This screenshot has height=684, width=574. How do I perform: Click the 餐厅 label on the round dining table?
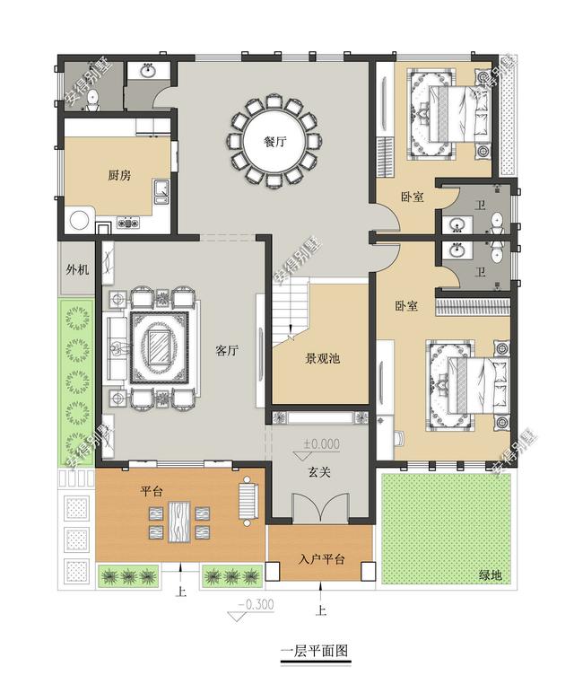pos(275,141)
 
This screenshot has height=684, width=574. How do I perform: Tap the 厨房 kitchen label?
pos(119,175)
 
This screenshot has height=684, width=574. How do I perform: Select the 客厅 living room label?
pos(227,350)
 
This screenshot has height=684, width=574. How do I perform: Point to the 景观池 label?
pos(323,358)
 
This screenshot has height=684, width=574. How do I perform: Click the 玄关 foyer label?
pos(319,472)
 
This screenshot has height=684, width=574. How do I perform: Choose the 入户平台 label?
pos(322,559)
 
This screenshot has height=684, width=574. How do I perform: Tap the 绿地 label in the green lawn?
pos(491,575)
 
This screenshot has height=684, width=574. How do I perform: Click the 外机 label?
pos(77,269)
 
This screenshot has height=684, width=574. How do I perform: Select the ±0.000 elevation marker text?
pos(322,443)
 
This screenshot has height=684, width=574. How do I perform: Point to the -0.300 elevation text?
pos(256,604)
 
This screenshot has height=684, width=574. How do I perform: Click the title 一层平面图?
pos(315,651)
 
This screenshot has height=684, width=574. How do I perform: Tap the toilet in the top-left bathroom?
pos(92,101)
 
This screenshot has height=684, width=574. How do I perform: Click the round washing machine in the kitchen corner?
pos(79,220)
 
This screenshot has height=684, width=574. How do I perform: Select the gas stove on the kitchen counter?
pos(127,223)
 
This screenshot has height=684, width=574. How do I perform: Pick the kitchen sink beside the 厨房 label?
pos(161,192)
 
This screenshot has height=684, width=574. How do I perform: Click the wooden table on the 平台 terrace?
pos(179,522)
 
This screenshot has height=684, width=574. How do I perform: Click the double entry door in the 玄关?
pos(320,507)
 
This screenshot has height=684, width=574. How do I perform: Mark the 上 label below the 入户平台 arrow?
pos(321,609)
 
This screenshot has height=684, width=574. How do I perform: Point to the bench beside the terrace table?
pos(248,501)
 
